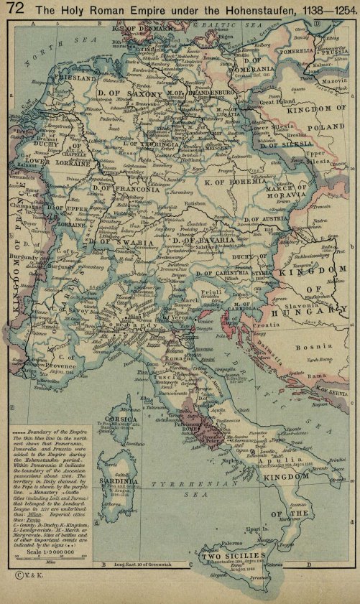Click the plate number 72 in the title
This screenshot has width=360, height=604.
point(14,9)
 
